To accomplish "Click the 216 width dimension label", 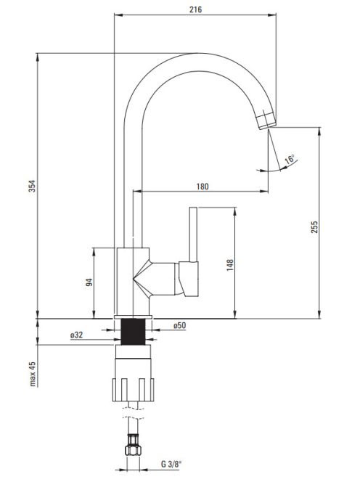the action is coord(195,9).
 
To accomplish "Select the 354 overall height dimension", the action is coord(32,186).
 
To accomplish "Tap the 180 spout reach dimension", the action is coord(202,187).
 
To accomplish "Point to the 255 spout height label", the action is coord(314,227).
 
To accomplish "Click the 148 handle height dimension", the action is coord(230,265).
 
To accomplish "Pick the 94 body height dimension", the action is coord(89,282).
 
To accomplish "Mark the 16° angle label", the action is coord(290,159).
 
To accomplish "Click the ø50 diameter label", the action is coord(180,325).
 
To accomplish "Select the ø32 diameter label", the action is coord(76,335).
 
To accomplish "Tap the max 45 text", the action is coord(32,374).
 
